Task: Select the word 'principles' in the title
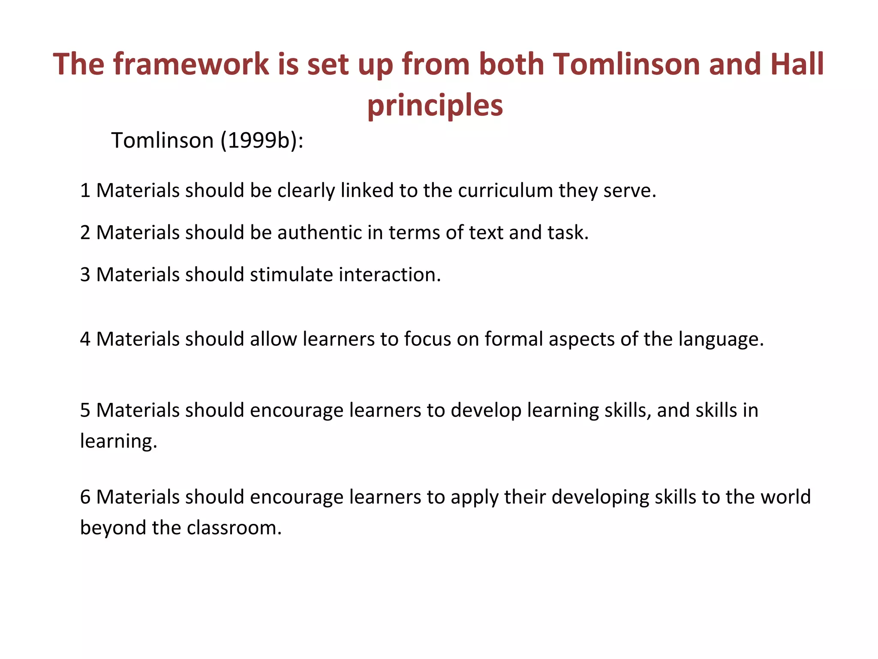pos(435,106)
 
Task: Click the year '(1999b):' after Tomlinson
pos(262,140)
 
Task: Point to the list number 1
pos(85,190)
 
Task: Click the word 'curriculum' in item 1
pos(505,190)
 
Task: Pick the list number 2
pos(85,233)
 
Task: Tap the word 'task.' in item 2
pos(568,233)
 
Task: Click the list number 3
pos(85,275)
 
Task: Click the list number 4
pos(85,339)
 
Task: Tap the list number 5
pos(85,410)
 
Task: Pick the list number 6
pos(85,497)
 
